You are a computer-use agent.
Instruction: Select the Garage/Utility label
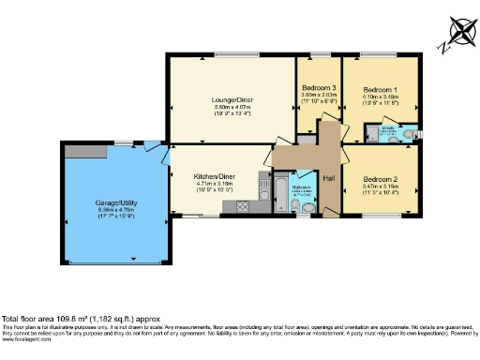116,202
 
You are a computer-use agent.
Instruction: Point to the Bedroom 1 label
381,89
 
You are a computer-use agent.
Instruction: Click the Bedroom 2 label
381,179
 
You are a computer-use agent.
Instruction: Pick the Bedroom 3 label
319,85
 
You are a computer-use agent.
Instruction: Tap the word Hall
329,176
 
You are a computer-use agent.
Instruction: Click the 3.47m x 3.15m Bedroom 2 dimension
381,187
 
